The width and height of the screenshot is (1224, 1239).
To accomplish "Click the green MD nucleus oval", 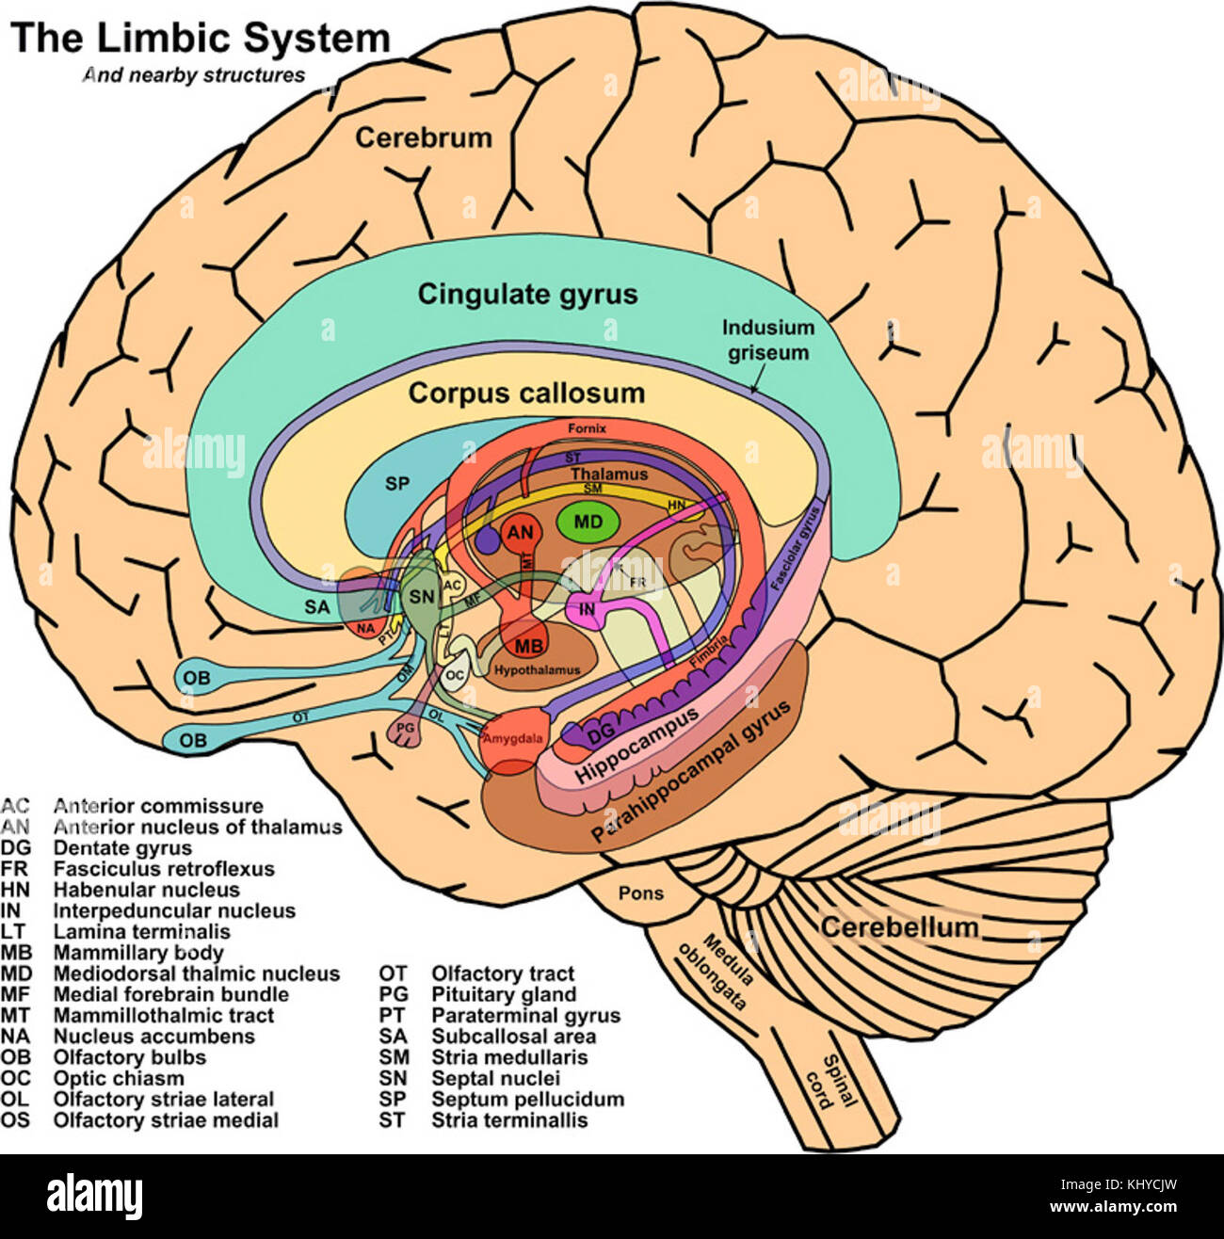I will tap(588, 522).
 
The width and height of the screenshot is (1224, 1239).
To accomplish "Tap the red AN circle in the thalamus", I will tap(520, 533).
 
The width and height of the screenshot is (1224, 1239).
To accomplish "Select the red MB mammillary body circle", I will tap(528, 647).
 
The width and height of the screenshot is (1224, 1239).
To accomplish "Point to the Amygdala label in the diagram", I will tap(512, 738).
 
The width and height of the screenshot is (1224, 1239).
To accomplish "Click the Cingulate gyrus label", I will tap(527, 294).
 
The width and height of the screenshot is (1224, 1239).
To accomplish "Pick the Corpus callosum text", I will tap(526, 393).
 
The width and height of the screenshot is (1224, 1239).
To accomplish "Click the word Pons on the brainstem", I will tap(640, 893).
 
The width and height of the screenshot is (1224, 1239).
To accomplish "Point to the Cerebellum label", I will tap(899, 927).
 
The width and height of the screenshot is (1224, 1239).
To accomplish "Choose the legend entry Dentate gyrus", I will tap(121, 848).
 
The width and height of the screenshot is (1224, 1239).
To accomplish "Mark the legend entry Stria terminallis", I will tap(508, 1120).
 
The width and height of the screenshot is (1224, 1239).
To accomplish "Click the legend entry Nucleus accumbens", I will tap(153, 1037).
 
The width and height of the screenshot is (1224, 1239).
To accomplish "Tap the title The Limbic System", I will tap(200, 39).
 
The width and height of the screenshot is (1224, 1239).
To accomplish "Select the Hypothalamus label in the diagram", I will tap(538, 670).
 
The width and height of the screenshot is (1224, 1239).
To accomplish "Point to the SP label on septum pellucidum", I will tap(398, 483).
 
